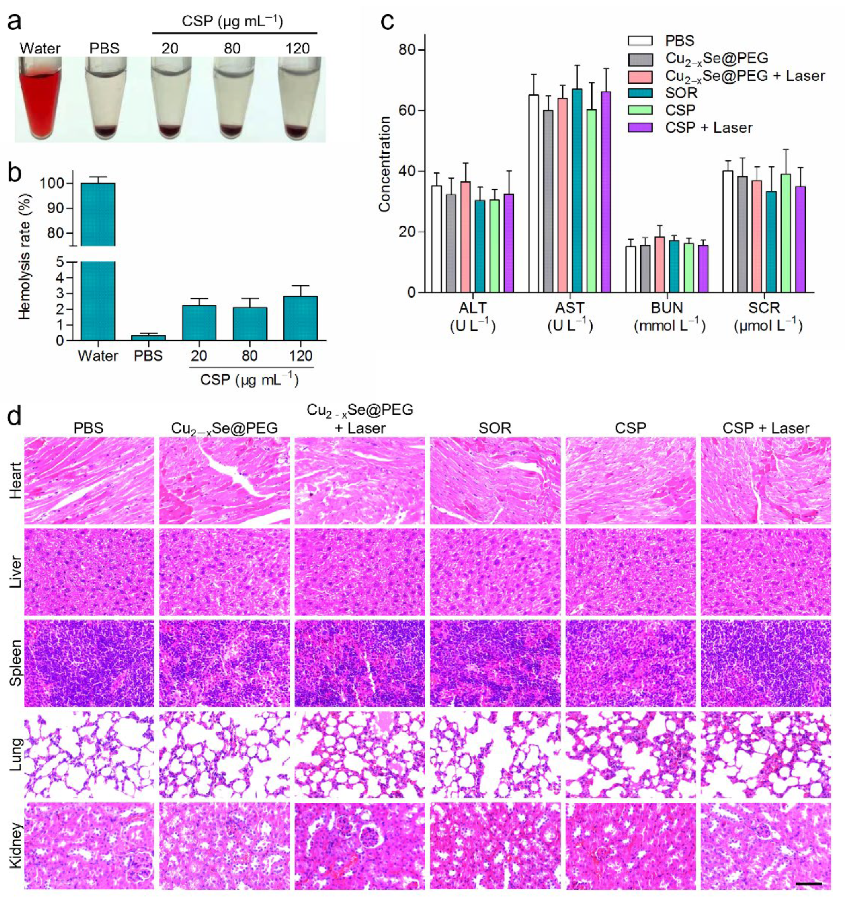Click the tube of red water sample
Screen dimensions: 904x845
[x=40, y=101]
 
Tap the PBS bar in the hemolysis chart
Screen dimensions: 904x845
[x=148, y=338]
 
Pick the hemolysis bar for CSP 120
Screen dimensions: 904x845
[x=300, y=318]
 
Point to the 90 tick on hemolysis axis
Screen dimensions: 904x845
[x=55, y=208]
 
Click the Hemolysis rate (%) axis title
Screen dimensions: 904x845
[x=24, y=257]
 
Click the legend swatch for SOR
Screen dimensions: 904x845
[x=640, y=93]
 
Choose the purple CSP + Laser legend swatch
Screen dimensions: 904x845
[x=640, y=128]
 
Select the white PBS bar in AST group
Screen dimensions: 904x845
[x=534, y=194]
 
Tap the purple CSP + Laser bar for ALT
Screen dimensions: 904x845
[x=509, y=243]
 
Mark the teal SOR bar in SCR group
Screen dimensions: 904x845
[x=771, y=242]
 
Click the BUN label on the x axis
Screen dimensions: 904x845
[x=667, y=308]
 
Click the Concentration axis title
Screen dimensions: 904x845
[x=385, y=164]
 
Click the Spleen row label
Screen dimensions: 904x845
[x=15, y=663]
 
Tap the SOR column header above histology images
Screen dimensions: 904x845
[x=495, y=428]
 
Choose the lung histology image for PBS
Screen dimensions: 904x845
[x=89, y=754]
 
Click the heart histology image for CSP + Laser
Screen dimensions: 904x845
[x=765, y=480]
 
